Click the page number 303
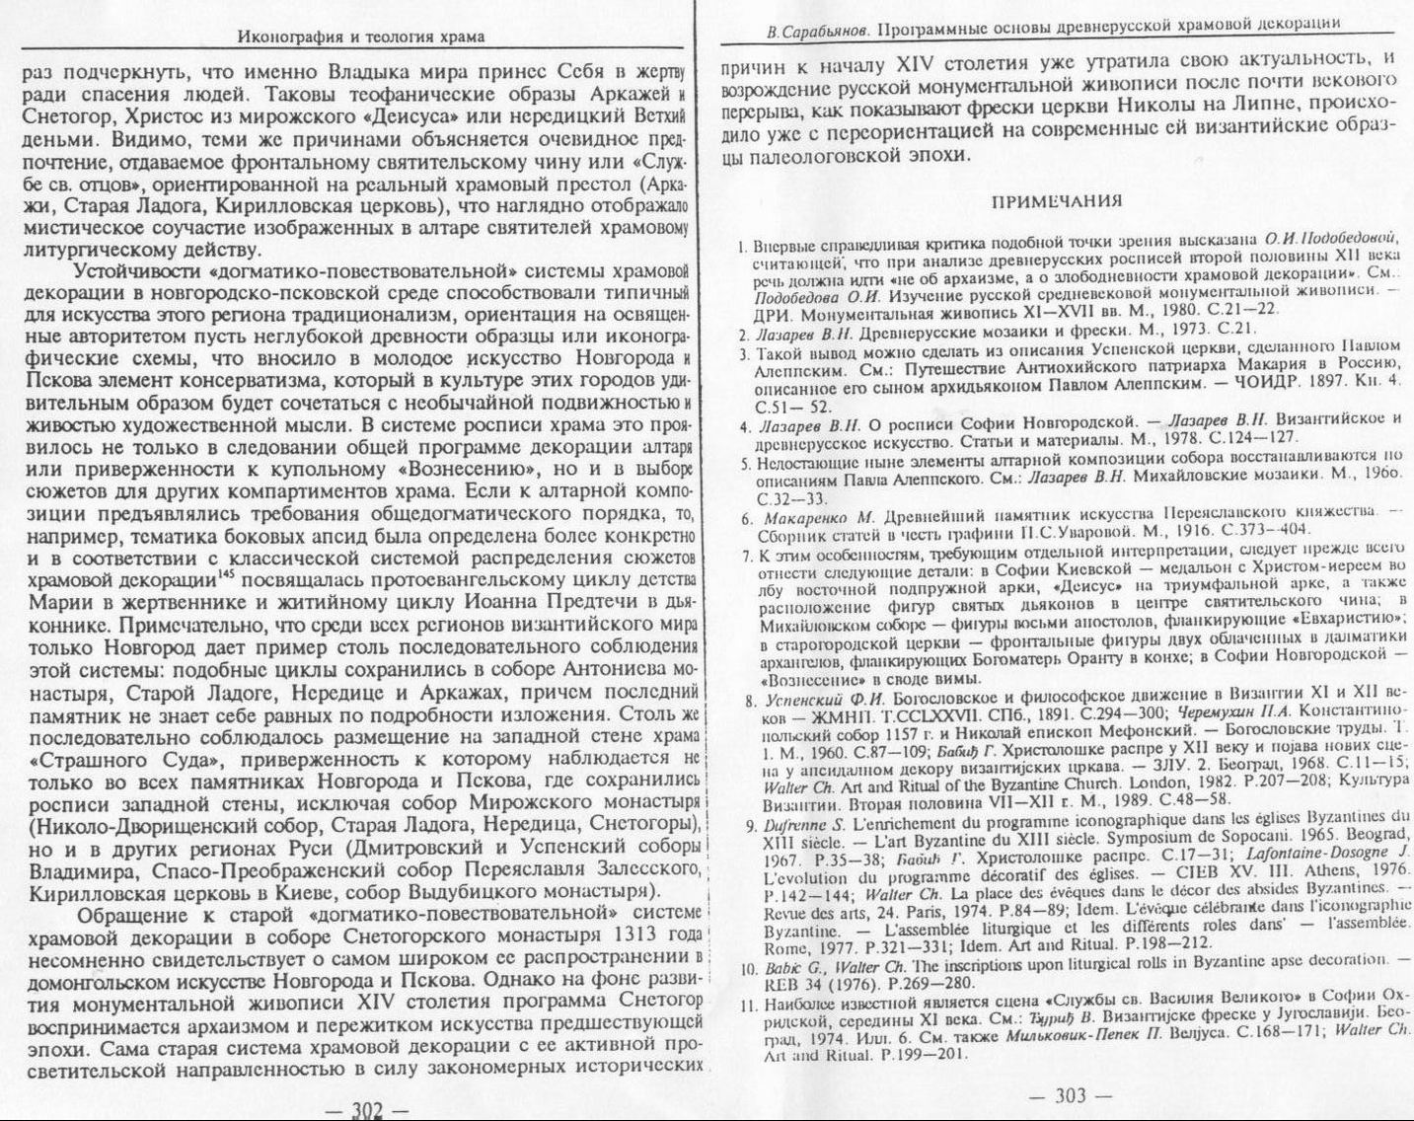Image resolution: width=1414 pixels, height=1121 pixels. click(x=1070, y=1095)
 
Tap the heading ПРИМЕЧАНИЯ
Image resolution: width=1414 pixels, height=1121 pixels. click(x=1056, y=201)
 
